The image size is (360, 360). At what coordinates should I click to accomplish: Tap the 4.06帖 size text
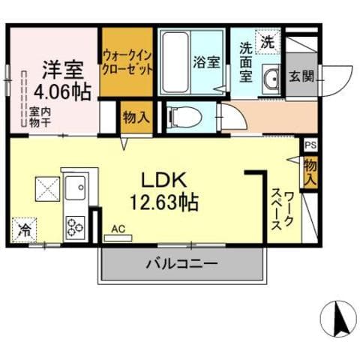click(62, 92)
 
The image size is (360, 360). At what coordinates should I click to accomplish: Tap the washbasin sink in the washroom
click(270, 78)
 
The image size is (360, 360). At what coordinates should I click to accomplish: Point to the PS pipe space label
click(310, 145)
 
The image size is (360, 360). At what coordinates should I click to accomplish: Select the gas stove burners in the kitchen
click(76, 225)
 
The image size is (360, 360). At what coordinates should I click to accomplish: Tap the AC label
click(118, 229)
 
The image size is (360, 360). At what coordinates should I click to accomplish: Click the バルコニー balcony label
click(181, 264)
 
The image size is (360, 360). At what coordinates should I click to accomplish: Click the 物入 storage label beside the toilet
click(136, 117)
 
